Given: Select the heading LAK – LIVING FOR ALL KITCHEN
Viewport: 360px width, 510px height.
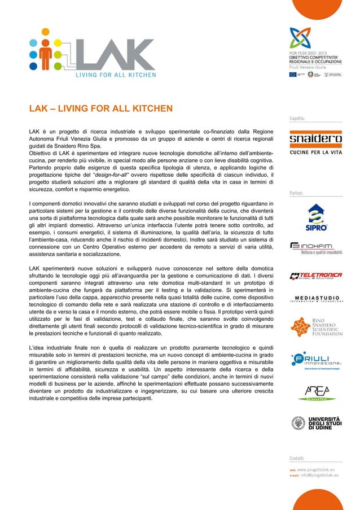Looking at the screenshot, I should [x=100, y=108].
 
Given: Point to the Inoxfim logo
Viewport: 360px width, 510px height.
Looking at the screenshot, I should [x=315, y=248].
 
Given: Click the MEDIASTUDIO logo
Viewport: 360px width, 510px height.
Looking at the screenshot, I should [x=315, y=299].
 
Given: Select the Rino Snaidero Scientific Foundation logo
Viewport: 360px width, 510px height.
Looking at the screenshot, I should [x=315, y=326].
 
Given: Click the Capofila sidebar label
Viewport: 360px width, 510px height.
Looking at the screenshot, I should [x=297, y=119].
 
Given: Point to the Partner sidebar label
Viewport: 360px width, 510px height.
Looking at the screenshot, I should [x=296, y=193].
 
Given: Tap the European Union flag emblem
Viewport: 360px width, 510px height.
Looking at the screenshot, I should [x=293, y=74].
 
